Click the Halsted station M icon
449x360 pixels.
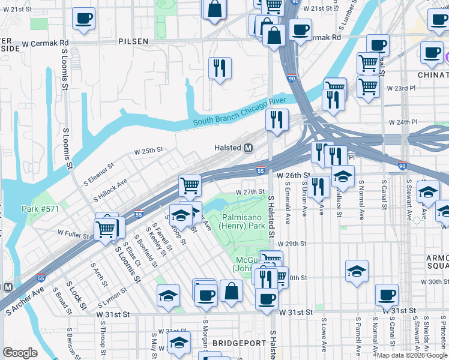[x=247, y=148]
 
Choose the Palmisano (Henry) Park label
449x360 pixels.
[x=243, y=221]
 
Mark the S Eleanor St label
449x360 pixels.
[x=94, y=174]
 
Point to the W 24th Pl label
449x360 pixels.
[x=402, y=122]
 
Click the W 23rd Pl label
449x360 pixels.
[x=401, y=88]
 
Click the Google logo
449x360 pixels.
[x=20, y=353]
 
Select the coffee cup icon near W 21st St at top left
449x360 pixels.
[x=83, y=17]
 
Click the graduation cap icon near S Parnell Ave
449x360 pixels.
[x=357, y=271]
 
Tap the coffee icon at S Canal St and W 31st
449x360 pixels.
[x=387, y=294]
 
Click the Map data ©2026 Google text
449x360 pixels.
[x=412, y=355]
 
